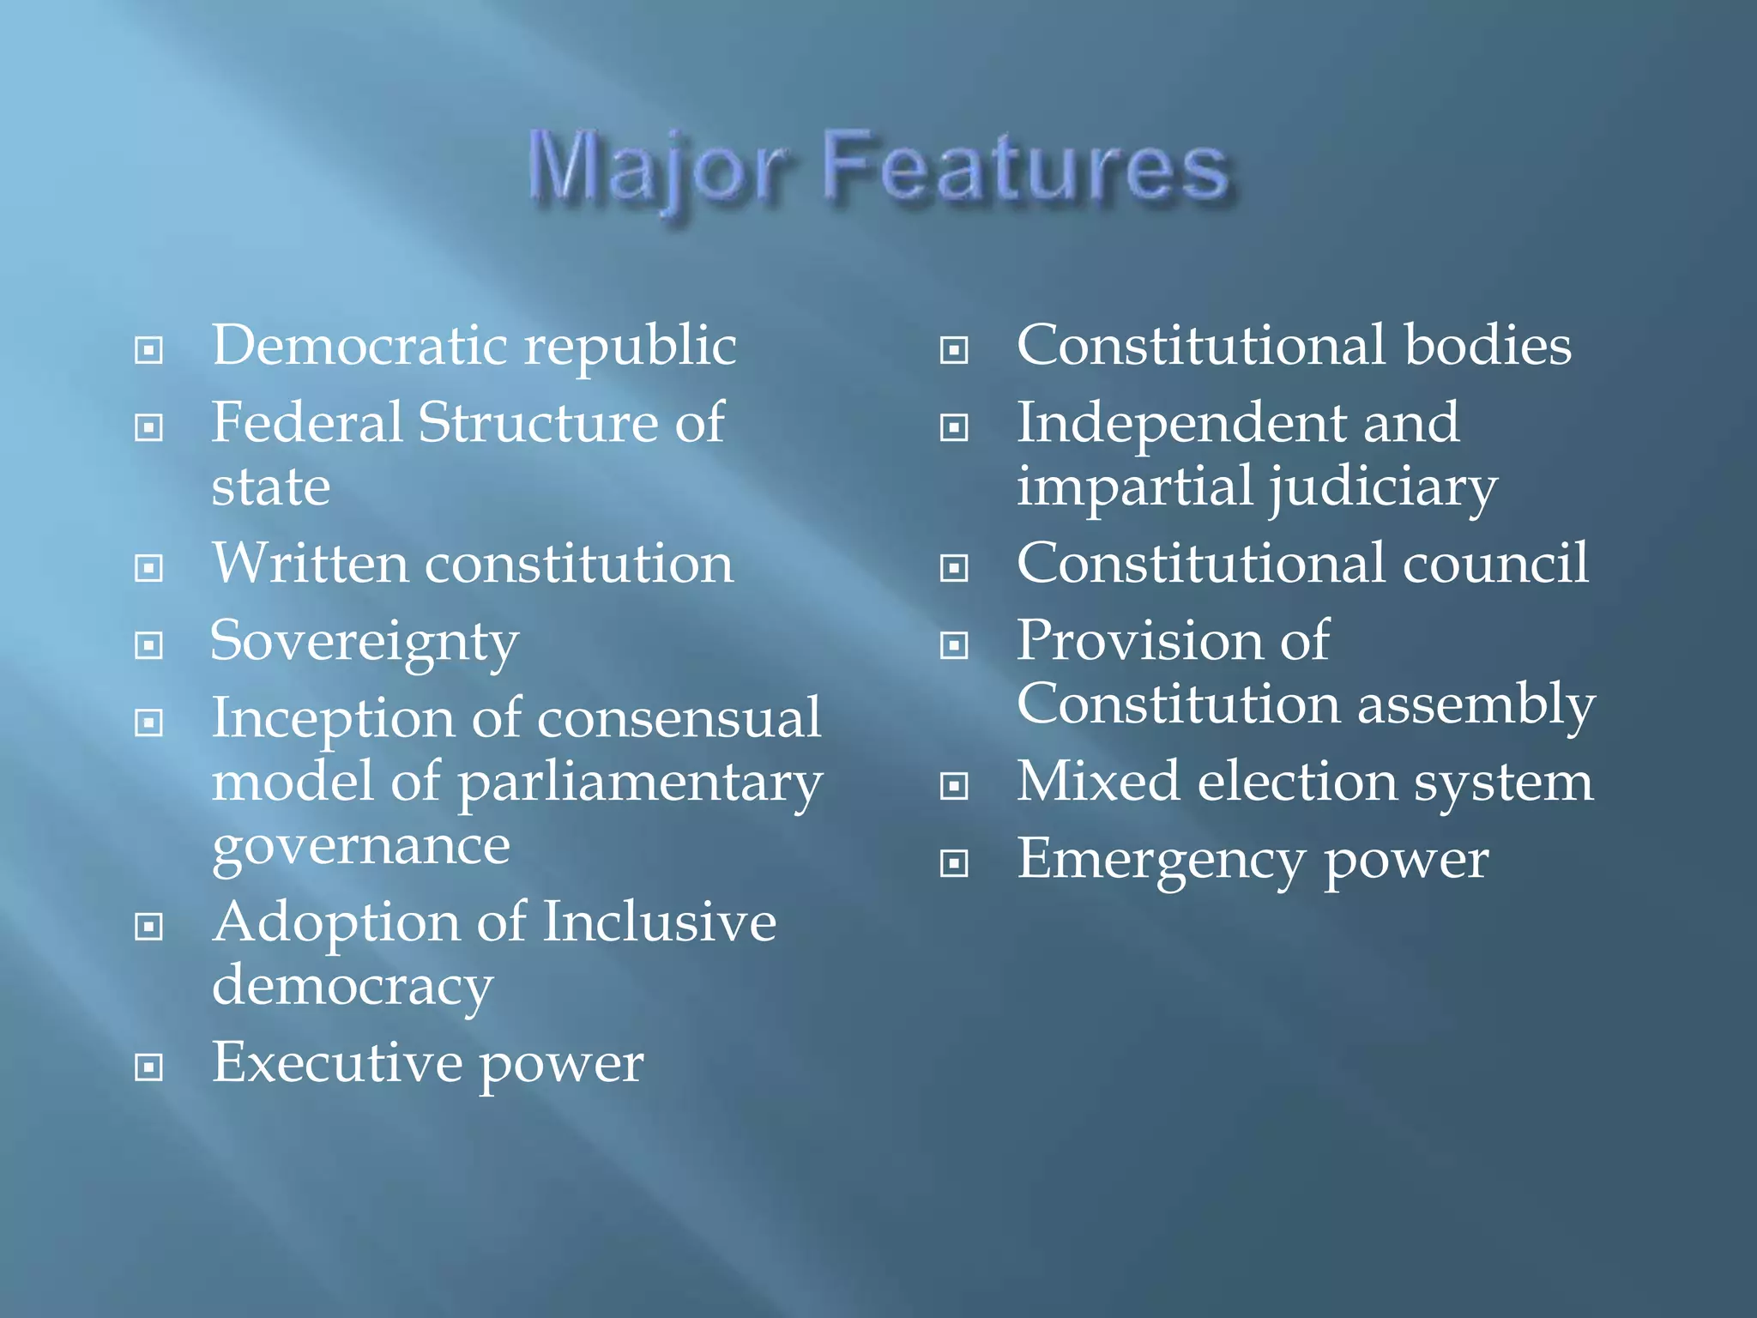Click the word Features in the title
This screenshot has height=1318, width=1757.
coord(1026,167)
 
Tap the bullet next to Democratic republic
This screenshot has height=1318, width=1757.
coord(149,350)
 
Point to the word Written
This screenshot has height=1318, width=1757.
coord(310,564)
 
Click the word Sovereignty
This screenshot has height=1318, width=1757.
coord(365,643)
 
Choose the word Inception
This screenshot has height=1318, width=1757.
coord(333,718)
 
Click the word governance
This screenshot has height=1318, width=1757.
coord(361,848)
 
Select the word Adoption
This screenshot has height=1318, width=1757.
coord(335,922)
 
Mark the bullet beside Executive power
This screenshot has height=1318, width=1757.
coord(149,1067)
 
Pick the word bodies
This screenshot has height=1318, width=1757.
coord(1488,346)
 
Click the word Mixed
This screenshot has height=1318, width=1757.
coord(1098,782)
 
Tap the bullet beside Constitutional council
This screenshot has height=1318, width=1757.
coord(954,567)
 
